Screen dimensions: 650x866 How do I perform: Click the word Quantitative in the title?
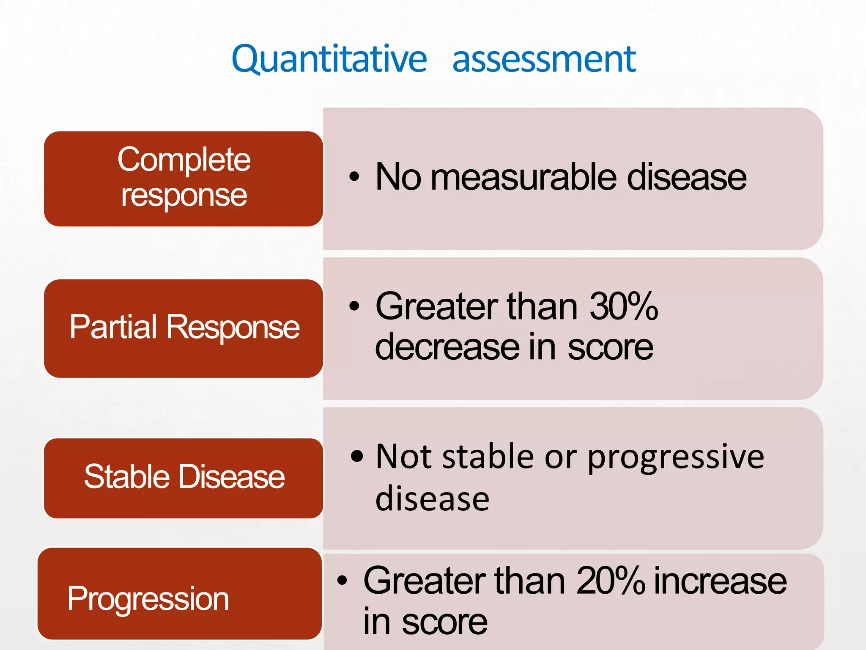pyautogui.click(x=329, y=59)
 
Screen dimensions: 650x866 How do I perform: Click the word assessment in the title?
pyautogui.click(x=544, y=59)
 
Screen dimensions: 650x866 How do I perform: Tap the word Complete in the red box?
pyautogui.click(x=184, y=160)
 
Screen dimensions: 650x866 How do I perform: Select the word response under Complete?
pyautogui.click(x=184, y=196)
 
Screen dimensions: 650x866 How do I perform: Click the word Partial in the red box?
pyautogui.click(x=113, y=327)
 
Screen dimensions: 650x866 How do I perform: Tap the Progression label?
pyautogui.click(x=148, y=598)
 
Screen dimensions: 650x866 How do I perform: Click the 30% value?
pyautogui.click(x=623, y=306)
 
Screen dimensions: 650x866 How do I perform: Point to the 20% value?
pyautogui.click(x=611, y=581)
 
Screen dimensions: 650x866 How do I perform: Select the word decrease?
pyautogui.click(x=447, y=347)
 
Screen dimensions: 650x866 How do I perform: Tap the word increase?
pyautogui.click(x=721, y=581)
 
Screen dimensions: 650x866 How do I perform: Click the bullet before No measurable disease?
pyautogui.click(x=354, y=176)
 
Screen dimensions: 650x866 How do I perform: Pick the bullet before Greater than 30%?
pyautogui.click(x=354, y=306)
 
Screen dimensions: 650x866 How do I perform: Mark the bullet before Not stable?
pyautogui.click(x=357, y=456)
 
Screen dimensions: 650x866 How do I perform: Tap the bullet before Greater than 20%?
pyautogui.click(x=342, y=581)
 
